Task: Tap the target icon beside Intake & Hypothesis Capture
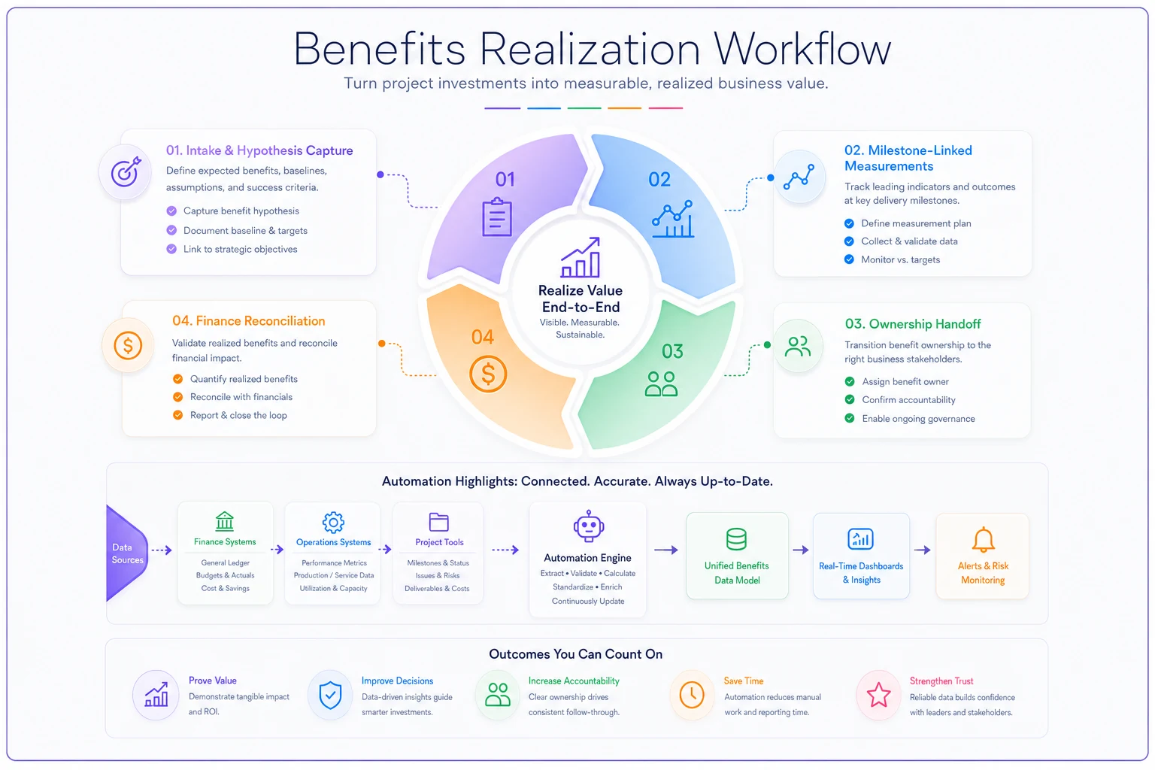pos(126,171)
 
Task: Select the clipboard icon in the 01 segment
pos(497,217)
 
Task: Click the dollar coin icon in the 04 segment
pos(488,374)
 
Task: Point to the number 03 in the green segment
pos(672,351)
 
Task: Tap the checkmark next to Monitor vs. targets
pos(849,259)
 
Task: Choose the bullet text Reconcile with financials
pos(241,396)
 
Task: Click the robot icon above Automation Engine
pos(588,526)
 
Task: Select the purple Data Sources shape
pos(126,553)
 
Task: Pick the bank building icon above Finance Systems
pos(225,521)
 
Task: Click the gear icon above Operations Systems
pos(333,522)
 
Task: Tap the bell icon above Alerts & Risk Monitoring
pos(983,539)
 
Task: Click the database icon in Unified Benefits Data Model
pos(736,539)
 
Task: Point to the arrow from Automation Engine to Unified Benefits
pos(666,550)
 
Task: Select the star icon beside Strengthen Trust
pos(878,696)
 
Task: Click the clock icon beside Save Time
pos(692,695)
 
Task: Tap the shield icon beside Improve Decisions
pos(331,696)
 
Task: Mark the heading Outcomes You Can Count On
pos(575,654)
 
